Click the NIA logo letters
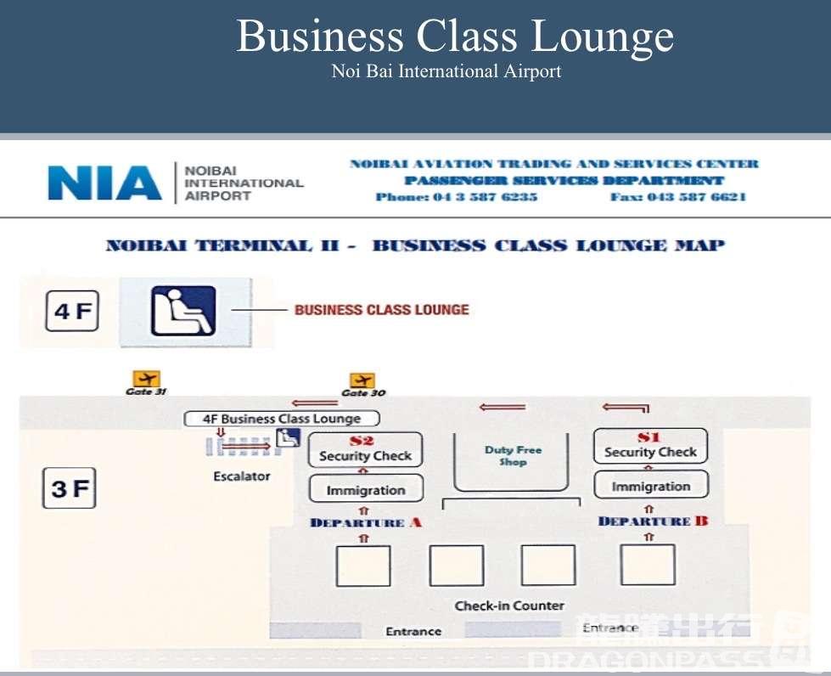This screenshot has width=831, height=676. [x=104, y=183]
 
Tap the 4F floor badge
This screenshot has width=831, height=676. [x=71, y=312]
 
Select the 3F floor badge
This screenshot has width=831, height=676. [x=70, y=488]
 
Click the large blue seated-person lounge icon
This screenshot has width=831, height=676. [x=183, y=312]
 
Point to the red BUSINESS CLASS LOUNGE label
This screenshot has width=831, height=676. [x=381, y=310]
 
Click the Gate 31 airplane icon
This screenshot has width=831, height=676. [x=146, y=379]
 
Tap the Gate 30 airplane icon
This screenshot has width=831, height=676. [x=362, y=380]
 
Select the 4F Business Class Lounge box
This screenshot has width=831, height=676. [x=282, y=419]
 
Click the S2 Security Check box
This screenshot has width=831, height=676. [x=365, y=449]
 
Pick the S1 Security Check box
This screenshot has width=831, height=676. [x=650, y=446]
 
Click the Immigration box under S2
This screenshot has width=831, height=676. [x=366, y=490]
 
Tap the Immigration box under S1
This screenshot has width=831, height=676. [x=651, y=487]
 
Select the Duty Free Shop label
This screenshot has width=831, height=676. [x=513, y=456]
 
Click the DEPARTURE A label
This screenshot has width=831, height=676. [x=366, y=522]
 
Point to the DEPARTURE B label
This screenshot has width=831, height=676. [x=653, y=521]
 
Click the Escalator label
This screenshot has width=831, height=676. [x=242, y=476]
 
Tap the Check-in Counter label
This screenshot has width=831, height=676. [x=509, y=606]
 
